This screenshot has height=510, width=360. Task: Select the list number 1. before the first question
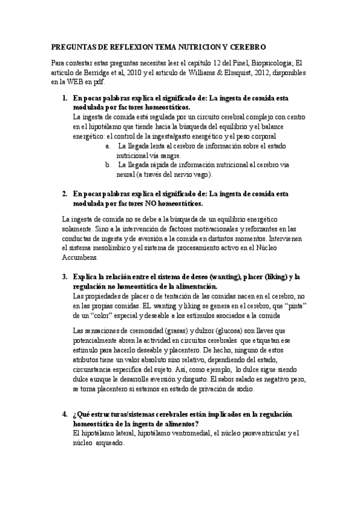coord(65,98)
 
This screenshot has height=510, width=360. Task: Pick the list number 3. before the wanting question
coord(65,277)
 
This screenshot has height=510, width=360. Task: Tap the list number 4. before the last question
coord(65,415)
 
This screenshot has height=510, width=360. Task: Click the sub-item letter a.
coord(107,146)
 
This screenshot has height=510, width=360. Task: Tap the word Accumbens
coord(81,257)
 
